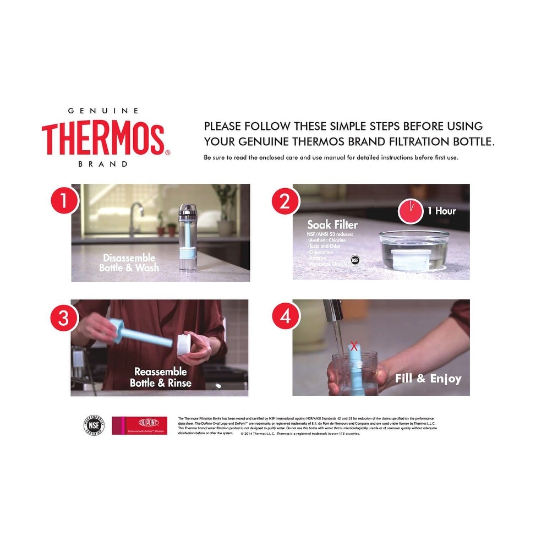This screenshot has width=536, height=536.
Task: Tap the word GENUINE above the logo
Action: tap(103, 111)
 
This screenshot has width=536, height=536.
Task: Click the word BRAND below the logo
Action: tap(103, 164)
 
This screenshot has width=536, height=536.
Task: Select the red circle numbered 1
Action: tap(64, 201)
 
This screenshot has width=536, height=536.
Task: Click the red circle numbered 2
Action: tap(285, 201)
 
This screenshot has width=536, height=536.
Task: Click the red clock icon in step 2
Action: tap(411, 211)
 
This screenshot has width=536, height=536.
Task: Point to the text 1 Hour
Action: tap(441, 211)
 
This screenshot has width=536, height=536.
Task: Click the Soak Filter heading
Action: tap(332, 225)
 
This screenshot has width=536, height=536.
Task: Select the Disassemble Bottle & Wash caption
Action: tap(129, 262)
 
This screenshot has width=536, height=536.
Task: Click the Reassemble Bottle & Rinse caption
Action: tap(161, 378)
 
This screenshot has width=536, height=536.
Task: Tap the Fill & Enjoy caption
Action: tap(428, 379)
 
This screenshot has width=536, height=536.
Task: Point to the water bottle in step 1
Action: tap(188, 237)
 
